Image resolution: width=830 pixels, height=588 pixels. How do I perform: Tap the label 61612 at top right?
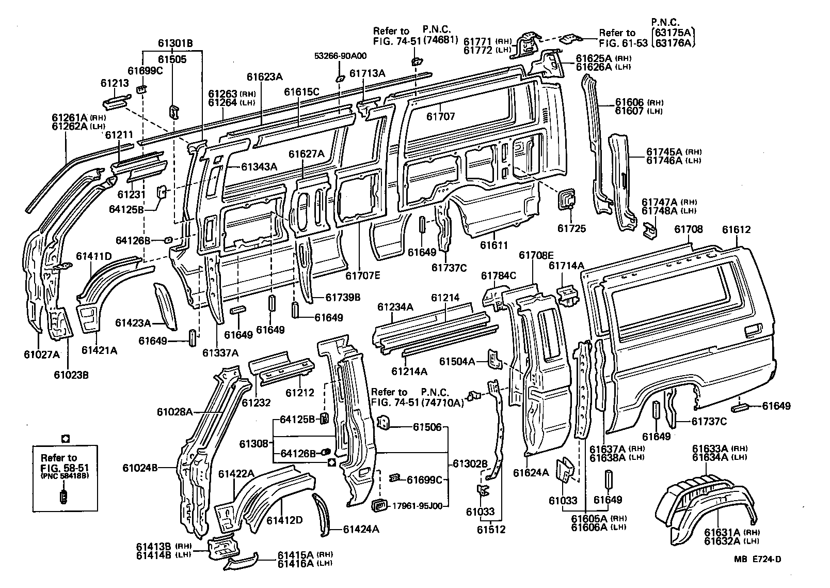click(x=736, y=230)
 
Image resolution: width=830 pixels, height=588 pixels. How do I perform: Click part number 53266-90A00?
click(x=339, y=56)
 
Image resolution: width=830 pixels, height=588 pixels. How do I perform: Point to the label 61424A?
click(x=361, y=529)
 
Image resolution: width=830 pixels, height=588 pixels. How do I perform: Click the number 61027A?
click(x=42, y=354)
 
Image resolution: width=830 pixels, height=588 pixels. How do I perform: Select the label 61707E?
click(x=362, y=275)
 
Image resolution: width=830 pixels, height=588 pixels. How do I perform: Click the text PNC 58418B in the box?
click(x=63, y=475)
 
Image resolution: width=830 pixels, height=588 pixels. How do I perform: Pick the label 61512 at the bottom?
click(x=491, y=529)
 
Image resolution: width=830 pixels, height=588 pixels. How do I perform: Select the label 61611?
click(x=494, y=245)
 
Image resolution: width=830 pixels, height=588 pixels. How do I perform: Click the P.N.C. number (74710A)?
click(x=442, y=403)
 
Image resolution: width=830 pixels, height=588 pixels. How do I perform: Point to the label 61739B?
click(x=343, y=297)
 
